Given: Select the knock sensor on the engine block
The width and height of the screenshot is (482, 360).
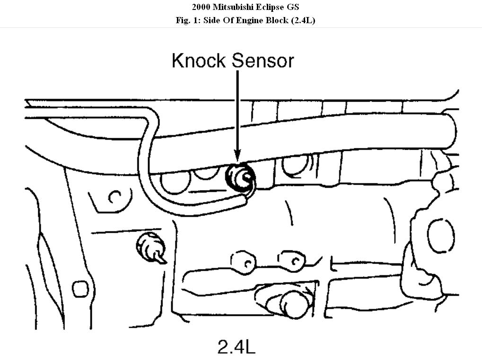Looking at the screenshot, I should pyautogui.click(x=240, y=178).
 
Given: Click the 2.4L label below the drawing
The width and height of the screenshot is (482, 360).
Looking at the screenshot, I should pyautogui.click(x=236, y=346).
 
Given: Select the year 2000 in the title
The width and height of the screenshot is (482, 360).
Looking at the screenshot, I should pyautogui.click(x=202, y=7).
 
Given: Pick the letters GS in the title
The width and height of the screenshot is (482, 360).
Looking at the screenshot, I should pyautogui.click(x=294, y=7).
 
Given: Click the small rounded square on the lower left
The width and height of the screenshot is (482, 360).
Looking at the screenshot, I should pyautogui.click(x=80, y=288).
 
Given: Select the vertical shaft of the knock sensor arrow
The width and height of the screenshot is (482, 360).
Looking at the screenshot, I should pyautogui.click(x=237, y=109).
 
